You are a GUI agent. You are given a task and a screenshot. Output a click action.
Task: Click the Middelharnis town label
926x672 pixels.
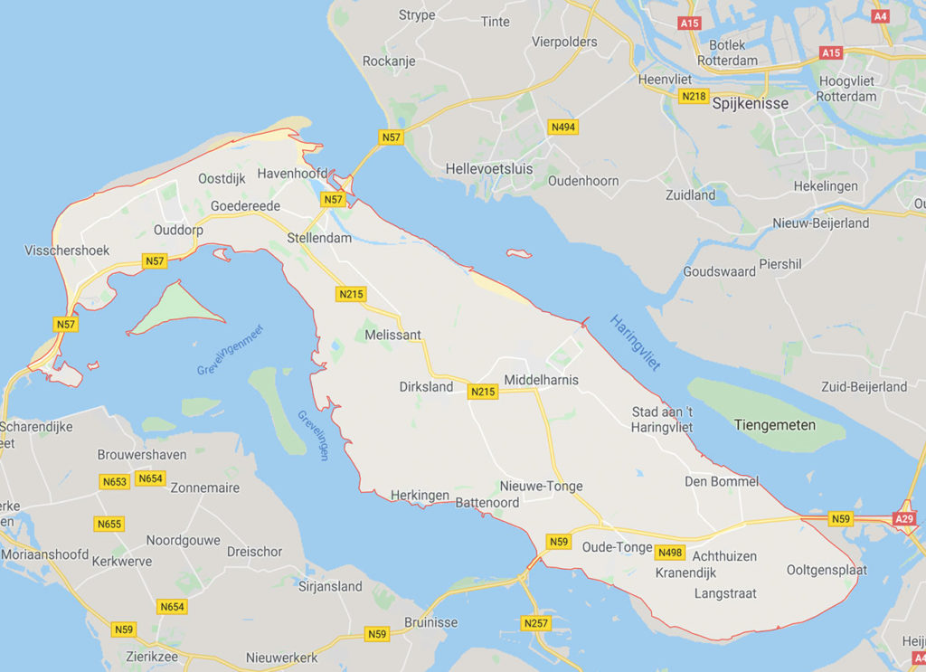tap(541, 380)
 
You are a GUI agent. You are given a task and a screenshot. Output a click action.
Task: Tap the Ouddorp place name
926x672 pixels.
tap(178, 230)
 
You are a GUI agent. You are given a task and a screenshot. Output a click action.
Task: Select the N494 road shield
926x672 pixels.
tap(562, 128)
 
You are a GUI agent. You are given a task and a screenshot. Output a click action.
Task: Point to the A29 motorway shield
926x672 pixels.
tap(904, 518)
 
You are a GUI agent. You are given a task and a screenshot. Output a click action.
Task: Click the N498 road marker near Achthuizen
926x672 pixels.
tap(670, 553)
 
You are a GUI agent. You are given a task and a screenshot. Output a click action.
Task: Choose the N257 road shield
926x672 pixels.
tap(535, 623)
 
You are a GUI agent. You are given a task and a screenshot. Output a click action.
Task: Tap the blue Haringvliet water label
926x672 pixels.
tap(635, 343)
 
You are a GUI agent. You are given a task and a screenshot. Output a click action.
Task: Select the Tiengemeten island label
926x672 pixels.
tap(774, 424)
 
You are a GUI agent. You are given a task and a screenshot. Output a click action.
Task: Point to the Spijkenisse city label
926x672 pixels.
tap(751, 104)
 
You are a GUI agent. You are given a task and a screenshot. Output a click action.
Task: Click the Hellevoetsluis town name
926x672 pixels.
tap(489, 169)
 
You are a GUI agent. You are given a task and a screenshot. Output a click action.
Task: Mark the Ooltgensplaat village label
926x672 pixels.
tap(827, 570)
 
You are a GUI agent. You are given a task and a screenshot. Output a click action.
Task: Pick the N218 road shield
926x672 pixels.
tap(694, 96)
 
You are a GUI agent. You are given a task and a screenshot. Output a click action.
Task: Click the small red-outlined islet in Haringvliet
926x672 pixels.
tap(519, 253)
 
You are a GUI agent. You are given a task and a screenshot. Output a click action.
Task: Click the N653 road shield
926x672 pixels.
tap(115, 481)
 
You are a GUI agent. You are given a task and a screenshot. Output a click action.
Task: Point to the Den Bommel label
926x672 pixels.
tap(721, 481)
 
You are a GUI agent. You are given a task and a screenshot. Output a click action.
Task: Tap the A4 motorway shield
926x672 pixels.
tap(881, 16)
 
